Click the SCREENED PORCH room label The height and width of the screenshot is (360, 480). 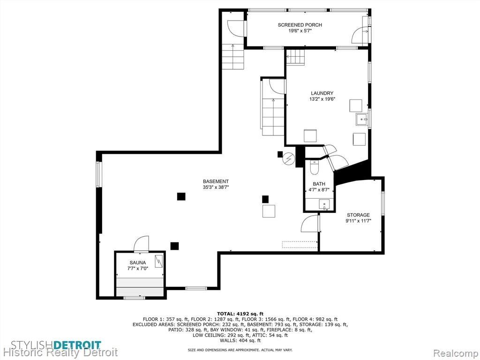tap(300, 25)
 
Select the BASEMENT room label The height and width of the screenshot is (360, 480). tap(216, 181)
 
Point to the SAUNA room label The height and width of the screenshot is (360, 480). tap(138, 262)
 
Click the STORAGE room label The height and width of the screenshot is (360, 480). tap(358, 215)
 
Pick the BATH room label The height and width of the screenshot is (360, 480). tap(319, 184)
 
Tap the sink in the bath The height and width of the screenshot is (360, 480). tap(324, 204)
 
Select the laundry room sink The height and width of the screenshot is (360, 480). tap(363, 119)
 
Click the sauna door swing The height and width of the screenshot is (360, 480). tap(142, 244)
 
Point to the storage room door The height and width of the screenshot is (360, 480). tap(310, 223)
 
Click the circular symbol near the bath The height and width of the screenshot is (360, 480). tap(289, 159)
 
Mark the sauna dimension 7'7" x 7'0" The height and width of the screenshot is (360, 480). tap(138, 269)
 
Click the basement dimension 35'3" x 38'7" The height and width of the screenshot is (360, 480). tap(216, 187)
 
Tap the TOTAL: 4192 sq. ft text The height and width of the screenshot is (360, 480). tap(240, 314)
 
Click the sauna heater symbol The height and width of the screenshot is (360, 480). tap(158, 261)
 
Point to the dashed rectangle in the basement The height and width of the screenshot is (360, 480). tap(300, 244)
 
